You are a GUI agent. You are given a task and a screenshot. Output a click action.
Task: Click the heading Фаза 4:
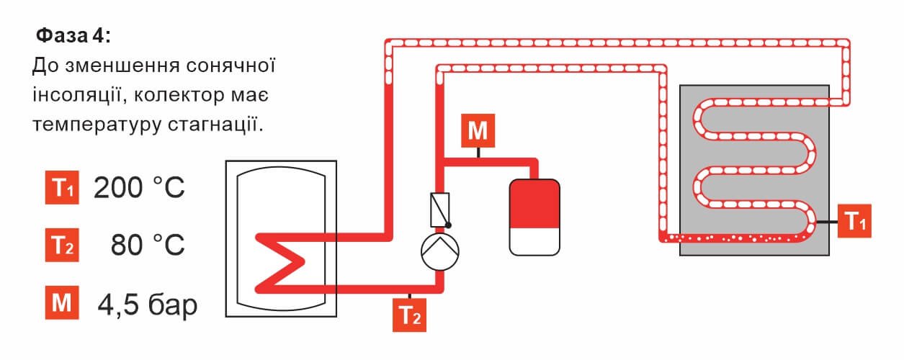point(73,35)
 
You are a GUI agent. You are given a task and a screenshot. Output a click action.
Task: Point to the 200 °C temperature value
point(139,189)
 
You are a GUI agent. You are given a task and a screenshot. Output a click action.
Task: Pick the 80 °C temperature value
point(148,246)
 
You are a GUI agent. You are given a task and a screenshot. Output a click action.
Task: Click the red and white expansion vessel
point(534,217)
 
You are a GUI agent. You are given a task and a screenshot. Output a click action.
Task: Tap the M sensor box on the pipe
point(477,131)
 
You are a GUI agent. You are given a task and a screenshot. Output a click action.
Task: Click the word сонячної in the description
point(232,66)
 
